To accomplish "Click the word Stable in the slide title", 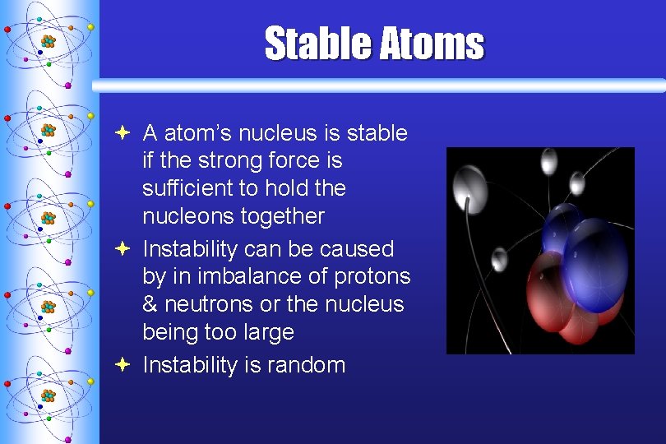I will point(317,43).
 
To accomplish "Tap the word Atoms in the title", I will point(430,43).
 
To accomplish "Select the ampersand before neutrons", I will point(150,305).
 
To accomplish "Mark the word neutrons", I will point(209,305).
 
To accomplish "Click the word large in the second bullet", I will point(267,333).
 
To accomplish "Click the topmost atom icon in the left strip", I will point(49,40).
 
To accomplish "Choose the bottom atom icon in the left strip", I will point(49,395).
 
